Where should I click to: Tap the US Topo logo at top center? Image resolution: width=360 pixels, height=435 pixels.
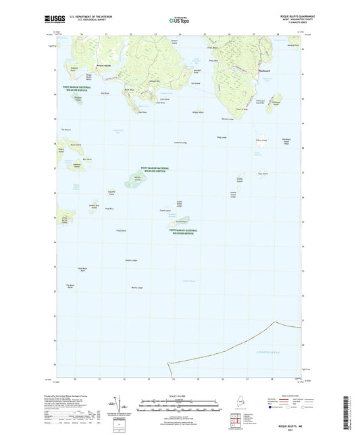180,21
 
